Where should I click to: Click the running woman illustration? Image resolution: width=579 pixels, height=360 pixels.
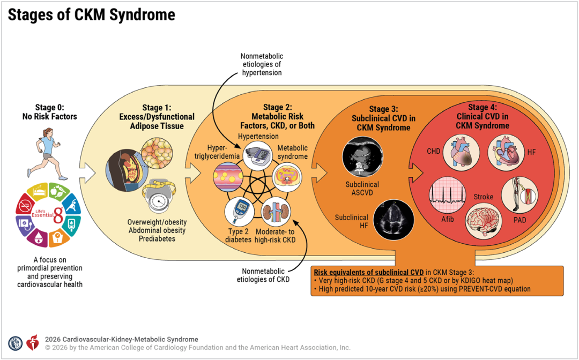point(47,153)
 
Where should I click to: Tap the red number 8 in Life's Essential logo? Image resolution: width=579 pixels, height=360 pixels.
point(58,215)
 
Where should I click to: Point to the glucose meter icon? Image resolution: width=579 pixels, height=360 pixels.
point(239,211)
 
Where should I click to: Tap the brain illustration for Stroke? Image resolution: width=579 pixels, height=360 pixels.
point(483,220)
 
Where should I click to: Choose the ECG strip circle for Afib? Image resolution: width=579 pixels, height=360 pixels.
point(447,195)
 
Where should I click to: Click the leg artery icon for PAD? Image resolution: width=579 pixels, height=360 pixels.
point(519,195)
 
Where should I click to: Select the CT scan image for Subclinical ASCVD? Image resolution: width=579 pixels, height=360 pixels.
point(362,157)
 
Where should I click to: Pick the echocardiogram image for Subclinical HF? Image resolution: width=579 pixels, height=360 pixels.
point(394,220)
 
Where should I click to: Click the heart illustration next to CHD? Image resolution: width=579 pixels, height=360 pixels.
point(461,152)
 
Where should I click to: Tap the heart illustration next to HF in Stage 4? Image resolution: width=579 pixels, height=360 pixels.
point(506,152)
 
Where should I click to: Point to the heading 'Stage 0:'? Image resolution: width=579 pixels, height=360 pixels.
point(49,107)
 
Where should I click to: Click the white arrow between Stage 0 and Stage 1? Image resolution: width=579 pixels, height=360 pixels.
point(87,172)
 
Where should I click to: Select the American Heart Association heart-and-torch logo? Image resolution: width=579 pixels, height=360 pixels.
point(33,343)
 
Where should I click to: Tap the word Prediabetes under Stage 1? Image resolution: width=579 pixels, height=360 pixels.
point(157,238)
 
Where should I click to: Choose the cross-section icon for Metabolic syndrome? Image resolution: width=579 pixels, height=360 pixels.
point(287,176)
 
